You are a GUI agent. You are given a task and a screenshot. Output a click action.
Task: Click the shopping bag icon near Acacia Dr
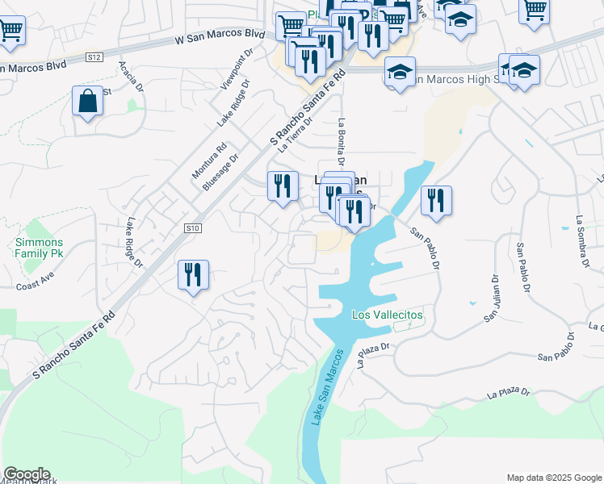click(86, 102)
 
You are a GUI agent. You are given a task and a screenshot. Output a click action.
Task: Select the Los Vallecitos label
click(387, 315)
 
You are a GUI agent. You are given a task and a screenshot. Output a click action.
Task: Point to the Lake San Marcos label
click(324, 387)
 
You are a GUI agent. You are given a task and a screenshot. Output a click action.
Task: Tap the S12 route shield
click(94, 57)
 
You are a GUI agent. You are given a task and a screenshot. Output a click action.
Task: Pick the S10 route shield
click(191, 229)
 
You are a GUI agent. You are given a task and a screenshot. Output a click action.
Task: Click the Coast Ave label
click(34, 284)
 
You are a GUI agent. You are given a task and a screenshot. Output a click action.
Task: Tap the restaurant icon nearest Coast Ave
click(193, 275)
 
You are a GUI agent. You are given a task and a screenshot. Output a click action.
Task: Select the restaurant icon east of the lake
click(436, 201)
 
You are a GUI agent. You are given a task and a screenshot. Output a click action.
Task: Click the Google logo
click(26, 474)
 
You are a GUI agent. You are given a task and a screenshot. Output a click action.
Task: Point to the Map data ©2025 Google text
click(553, 478)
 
